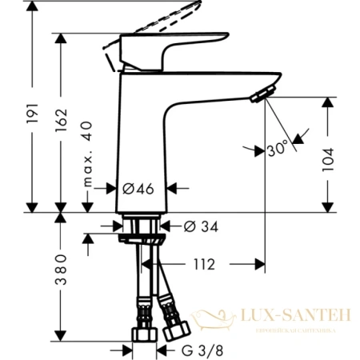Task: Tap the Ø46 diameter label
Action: (137, 190)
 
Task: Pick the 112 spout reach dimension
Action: (202, 264)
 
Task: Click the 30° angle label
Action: (278, 150)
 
